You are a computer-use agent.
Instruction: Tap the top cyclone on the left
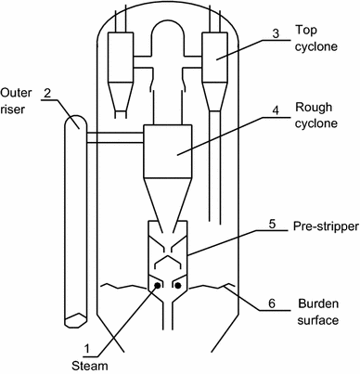pyautogui.click(x=122, y=59)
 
